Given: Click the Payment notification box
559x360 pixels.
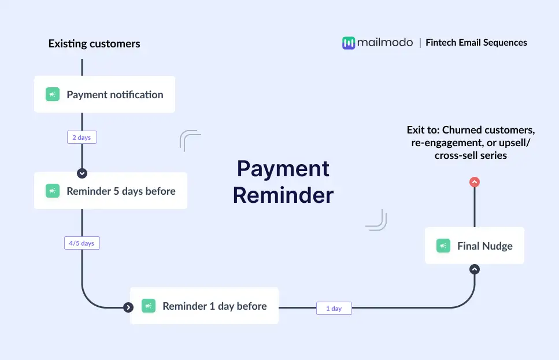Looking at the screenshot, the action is (105, 94).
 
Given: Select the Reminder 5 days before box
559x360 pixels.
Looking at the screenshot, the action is (110, 191).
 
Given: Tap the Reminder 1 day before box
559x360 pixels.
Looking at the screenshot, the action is (204, 306).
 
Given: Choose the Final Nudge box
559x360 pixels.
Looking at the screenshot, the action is (475, 246).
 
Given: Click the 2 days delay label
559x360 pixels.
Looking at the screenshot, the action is (82, 137).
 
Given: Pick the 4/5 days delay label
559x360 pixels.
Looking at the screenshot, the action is (82, 243).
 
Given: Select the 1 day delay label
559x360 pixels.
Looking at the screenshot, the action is (334, 309).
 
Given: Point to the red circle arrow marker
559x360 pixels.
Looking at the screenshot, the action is (475, 182).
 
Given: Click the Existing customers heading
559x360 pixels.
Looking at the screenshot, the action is (94, 43).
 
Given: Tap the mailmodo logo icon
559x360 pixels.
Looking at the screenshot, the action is (349, 43).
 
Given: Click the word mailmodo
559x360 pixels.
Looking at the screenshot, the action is (385, 42).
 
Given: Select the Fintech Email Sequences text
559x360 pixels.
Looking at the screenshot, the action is (476, 42).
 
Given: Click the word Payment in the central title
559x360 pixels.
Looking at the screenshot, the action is (283, 169).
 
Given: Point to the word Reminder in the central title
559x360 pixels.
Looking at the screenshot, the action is (283, 195).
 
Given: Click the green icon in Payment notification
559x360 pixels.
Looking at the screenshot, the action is (53, 94).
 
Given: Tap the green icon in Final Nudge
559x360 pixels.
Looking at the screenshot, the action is (443, 246).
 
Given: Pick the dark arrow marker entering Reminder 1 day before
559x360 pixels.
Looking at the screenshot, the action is (128, 307).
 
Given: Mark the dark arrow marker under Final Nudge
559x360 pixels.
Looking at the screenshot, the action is (475, 269).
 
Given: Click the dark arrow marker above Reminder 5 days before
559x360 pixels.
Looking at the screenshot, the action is (82, 173).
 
